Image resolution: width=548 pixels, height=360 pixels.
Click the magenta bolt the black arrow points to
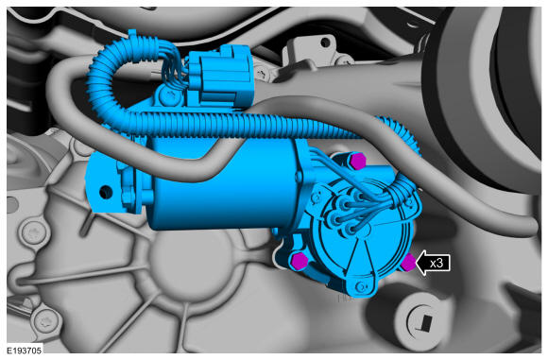(408, 262)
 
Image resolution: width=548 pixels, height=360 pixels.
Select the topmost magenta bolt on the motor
(357, 162)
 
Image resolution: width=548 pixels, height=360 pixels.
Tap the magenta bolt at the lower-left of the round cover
(299, 261)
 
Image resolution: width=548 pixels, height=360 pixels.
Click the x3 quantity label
(437, 263)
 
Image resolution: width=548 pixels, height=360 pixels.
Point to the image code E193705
(25, 351)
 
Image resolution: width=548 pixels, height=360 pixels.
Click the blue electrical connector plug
(218, 77)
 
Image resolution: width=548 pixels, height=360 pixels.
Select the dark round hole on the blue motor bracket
(106, 192)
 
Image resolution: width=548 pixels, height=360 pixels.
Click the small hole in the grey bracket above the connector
(325, 43)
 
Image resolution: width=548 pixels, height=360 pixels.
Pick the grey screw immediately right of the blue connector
(261, 74)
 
